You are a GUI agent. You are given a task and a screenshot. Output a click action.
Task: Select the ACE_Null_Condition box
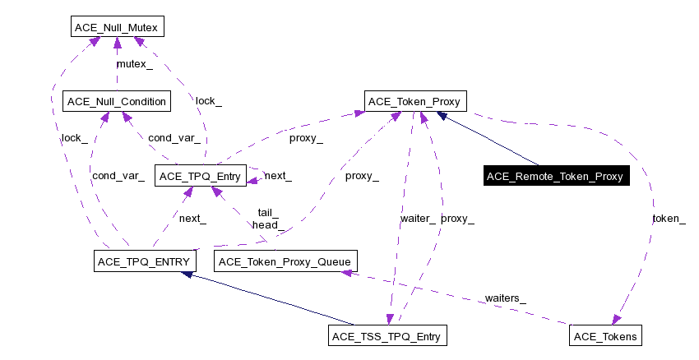116,102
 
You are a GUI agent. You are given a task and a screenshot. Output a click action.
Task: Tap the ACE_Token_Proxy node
417,102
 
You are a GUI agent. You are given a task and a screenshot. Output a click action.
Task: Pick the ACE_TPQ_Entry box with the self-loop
201,176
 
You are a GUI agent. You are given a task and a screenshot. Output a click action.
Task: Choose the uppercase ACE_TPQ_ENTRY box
143,261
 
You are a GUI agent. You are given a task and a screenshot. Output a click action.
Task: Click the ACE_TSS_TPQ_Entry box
387,336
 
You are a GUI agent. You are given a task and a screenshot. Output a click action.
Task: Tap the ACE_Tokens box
605,336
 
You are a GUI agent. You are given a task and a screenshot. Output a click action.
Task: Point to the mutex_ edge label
133,64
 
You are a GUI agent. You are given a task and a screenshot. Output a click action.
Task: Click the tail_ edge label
268,212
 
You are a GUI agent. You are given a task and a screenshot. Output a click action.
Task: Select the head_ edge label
268,224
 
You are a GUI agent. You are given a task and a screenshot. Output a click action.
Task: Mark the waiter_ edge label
418,219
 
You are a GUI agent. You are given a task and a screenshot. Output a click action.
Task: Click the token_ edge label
668,219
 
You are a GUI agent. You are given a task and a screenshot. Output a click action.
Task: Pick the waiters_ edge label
505,298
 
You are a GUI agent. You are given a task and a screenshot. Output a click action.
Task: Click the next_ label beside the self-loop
278,176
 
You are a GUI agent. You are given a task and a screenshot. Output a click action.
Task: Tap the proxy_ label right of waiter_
457,219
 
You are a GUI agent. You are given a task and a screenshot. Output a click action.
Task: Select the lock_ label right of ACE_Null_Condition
208,101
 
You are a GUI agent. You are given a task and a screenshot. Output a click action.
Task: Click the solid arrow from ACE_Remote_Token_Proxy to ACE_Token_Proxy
489,139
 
